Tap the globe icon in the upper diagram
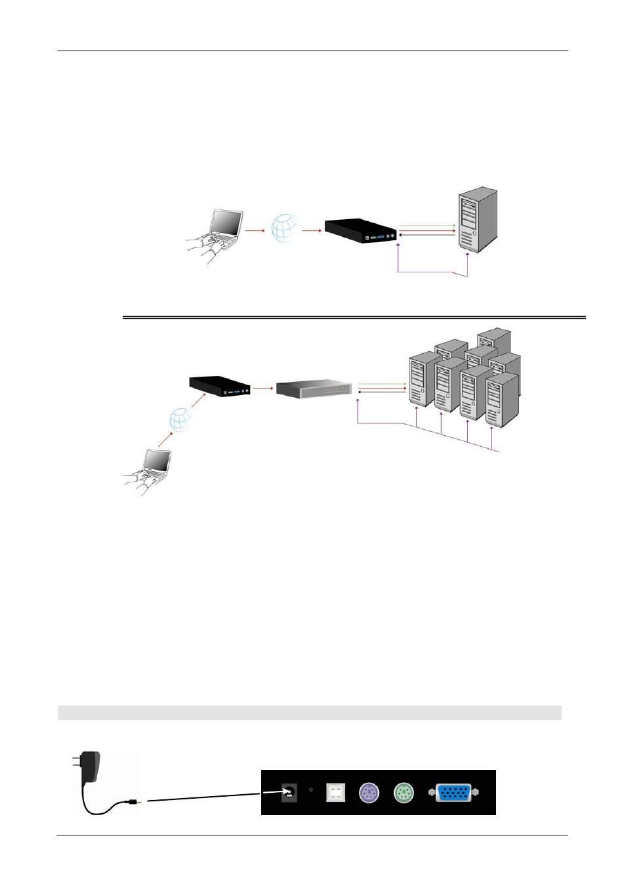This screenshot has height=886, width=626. tap(285, 228)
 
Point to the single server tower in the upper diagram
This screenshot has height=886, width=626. tap(478, 220)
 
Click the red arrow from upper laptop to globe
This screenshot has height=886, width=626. tap(254, 230)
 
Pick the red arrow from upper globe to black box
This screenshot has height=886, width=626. tap(312, 230)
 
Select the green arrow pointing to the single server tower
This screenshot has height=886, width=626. tap(427, 226)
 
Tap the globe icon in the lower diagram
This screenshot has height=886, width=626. tap(180, 419)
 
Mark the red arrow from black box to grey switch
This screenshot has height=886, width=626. tap(262, 388)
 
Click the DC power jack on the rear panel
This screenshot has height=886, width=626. tap(289, 793)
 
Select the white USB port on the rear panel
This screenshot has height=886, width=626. tap(335, 793)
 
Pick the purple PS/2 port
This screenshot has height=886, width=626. tap(369, 793)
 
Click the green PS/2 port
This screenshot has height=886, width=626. tap(404, 793)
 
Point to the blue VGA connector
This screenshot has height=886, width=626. tap(453, 793)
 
